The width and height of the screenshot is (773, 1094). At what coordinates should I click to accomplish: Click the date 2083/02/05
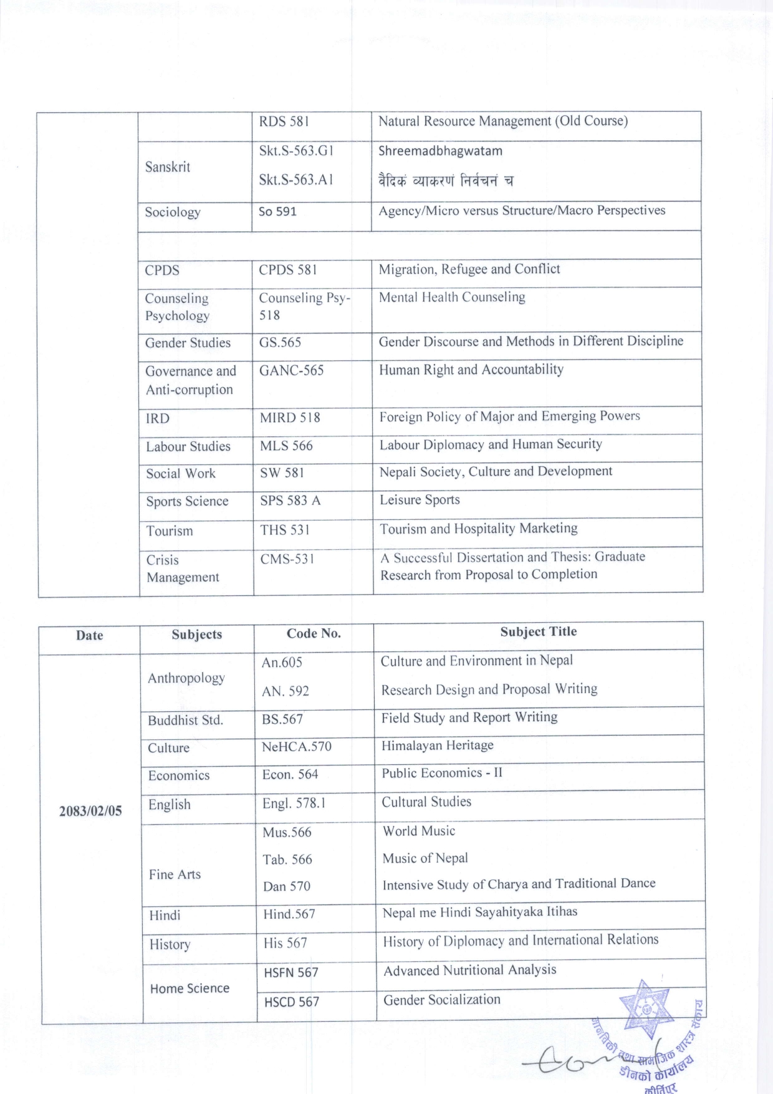click(x=90, y=811)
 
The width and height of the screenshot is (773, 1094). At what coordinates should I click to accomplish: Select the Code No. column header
click(x=314, y=633)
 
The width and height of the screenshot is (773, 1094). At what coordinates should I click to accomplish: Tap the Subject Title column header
click(x=538, y=631)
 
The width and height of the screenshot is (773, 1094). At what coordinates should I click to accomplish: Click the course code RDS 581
click(x=284, y=122)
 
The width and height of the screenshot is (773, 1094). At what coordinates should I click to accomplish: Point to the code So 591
click(x=277, y=211)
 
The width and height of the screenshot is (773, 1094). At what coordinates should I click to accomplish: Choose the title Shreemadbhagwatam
click(x=440, y=151)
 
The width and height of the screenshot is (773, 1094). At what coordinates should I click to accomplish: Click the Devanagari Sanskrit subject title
click(x=446, y=181)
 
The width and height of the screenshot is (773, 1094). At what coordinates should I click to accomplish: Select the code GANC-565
click(x=292, y=370)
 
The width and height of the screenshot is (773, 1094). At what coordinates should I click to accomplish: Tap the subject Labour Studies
click(x=188, y=446)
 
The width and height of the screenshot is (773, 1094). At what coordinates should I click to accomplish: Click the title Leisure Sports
click(x=420, y=500)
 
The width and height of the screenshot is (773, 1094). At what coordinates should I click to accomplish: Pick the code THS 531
click(x=285, y=530)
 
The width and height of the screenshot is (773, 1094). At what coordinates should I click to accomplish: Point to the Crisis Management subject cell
click(x=182, y=569)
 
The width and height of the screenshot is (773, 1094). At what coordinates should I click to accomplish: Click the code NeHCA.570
click(x=296, y=746)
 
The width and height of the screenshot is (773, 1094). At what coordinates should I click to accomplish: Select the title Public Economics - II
click(x=442, y=773)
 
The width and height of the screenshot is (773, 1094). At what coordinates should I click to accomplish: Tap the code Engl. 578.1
click(x=294, y=804)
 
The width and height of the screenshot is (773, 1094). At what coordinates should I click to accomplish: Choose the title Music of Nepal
click(x=425, y=858)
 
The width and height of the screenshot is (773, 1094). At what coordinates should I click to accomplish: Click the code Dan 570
click(x=286, y=886)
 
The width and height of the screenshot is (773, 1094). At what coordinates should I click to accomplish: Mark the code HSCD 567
click(x=291, y=1002)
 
